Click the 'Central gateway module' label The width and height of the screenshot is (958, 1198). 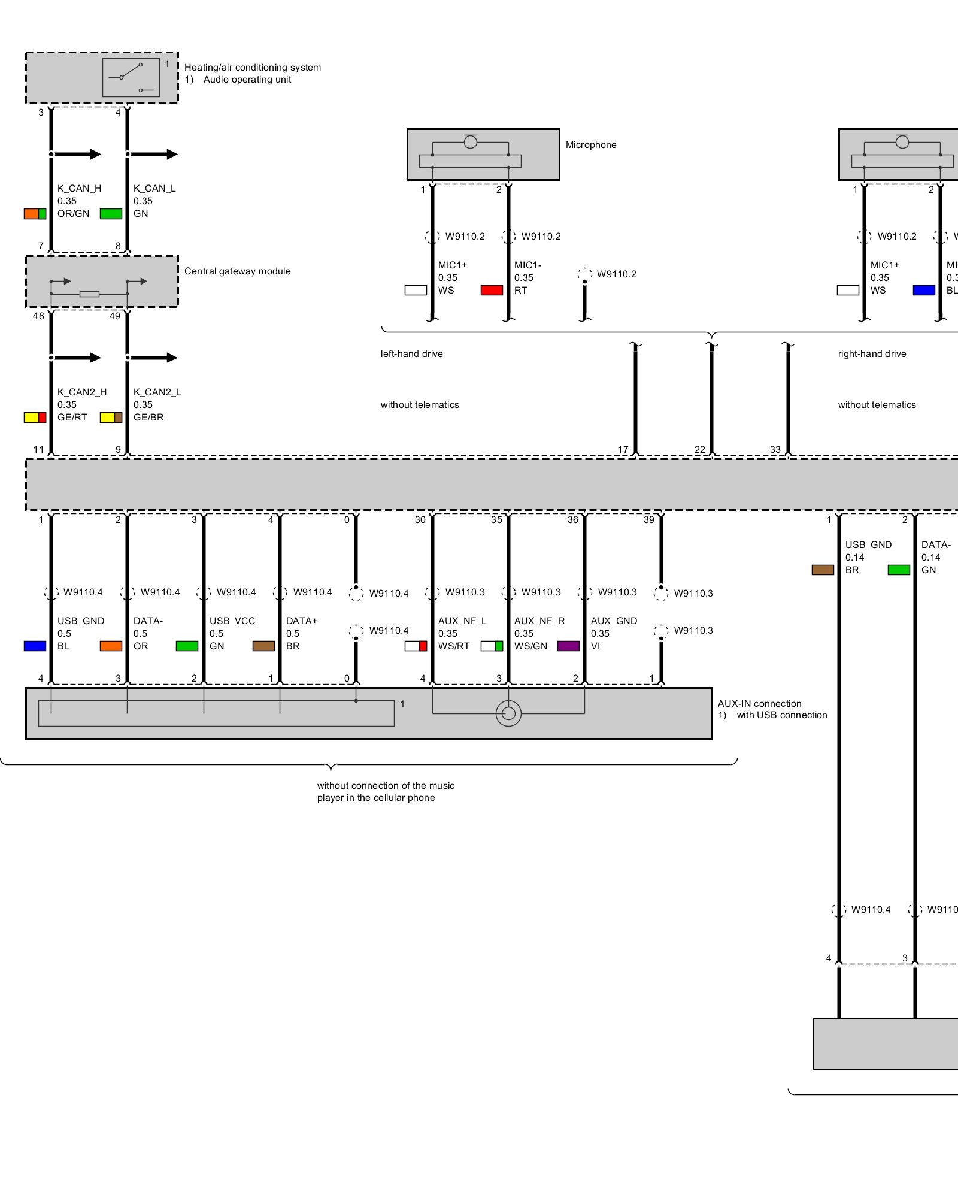coord(237,271)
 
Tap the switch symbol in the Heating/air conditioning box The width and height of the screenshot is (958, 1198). coord(131,77)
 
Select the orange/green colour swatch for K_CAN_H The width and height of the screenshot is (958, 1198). coord(35,214)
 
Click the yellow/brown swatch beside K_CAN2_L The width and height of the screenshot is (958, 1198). coord(111,418)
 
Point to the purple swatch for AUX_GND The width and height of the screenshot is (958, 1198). coord(568,646)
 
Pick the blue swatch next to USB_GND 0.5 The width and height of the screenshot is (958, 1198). coord(35,646)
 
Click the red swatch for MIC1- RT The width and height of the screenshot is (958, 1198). coord(492,291)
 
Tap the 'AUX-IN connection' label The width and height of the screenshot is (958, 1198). coord(759,704)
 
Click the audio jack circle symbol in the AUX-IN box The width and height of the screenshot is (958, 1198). coord(508,713)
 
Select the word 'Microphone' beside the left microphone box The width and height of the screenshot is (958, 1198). coord(591,145)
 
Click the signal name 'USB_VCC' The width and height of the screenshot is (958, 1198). coord(232,621)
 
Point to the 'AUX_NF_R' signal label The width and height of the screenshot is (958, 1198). coord(539,621)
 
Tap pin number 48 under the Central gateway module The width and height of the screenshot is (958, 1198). coord(38,316)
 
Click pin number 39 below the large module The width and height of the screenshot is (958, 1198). coord(649,520)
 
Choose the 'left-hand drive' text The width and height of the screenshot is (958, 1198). coord(412,354)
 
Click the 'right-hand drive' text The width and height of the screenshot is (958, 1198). coord(872,354)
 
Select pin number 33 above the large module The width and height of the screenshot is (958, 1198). coord(775,449)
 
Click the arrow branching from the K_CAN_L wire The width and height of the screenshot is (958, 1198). coord(154,155)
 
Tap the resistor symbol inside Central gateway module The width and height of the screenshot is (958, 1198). coord(89,294)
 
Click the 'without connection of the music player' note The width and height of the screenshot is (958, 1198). coord(386,792)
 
